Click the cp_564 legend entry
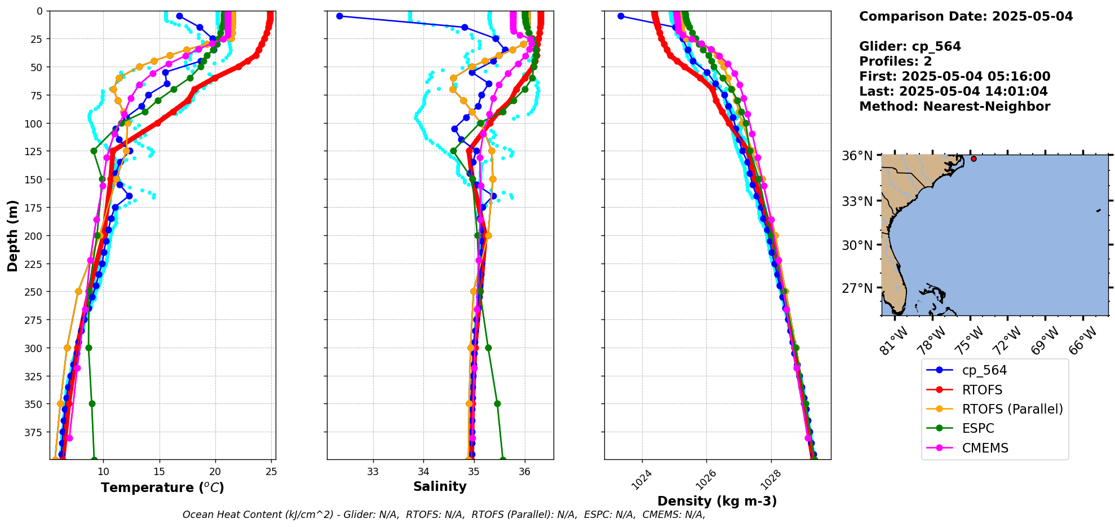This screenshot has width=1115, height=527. pyautogui.click(x=984, y=370)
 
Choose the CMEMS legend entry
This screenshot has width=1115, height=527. pyautogui.click(x=984, y=448)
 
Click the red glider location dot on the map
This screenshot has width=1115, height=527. pyautogui.click(x=974, y=159)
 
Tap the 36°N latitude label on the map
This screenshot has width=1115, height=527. pyautogui.click(x=857, y=156)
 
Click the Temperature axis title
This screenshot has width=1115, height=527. pyautogui.click(x=162, y=488)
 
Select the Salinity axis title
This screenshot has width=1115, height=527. pyautogui.click(x=440, y=486)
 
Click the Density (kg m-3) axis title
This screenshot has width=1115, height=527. pyautogui.click(x=717, y=501)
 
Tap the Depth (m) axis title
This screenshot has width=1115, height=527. pyautogui.click(x=12, y=235)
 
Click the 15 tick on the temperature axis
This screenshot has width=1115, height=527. pyautogui.click(x=159, y=472)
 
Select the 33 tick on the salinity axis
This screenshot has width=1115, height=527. pyautogui.click(x=373, y=472)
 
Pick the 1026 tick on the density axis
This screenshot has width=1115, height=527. pyautogui.click(x=705, y=480)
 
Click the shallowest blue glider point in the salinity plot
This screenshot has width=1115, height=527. pyautogui.click(x=339, y=16)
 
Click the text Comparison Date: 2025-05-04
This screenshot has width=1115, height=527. pyautogui.click(x=966, y=16)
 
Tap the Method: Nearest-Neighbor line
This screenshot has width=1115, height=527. pyautogui.click(x=954, y=107)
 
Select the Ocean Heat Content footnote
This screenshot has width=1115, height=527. pyautogui.click(x=444, y=515)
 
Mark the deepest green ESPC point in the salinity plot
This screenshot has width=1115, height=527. pyautogui.click(x=503, y=459)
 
